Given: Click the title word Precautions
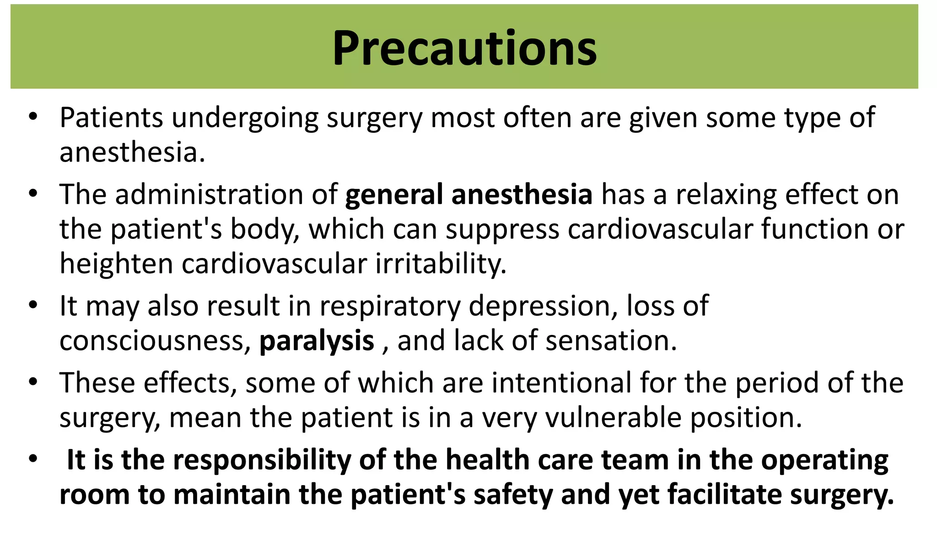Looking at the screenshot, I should pyautogui.click(x=464, y=48).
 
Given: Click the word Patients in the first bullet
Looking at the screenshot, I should pyautogui.click(x=111, y=118).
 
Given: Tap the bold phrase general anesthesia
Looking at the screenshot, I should pyautogui.click(x=468, y=194).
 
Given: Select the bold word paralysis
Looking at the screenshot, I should pyautogui.click(x=317, y=341).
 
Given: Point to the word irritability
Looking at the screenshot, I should pyautogui.click(x=441, y=264).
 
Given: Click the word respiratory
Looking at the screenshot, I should pyautogui.click(x=390, y=306).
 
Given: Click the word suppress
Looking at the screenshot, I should pyautogui.click(x=502, y=229).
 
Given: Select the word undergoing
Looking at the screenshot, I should pyautogui.click(x=245, y=118).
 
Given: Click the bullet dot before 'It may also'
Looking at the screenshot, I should pyautogui.click(x=32, y=305).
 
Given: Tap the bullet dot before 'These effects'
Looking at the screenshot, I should pyautogui.click(x=32, y=382).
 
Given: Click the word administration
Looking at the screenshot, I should pyautogui.click(x=209, y=194).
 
